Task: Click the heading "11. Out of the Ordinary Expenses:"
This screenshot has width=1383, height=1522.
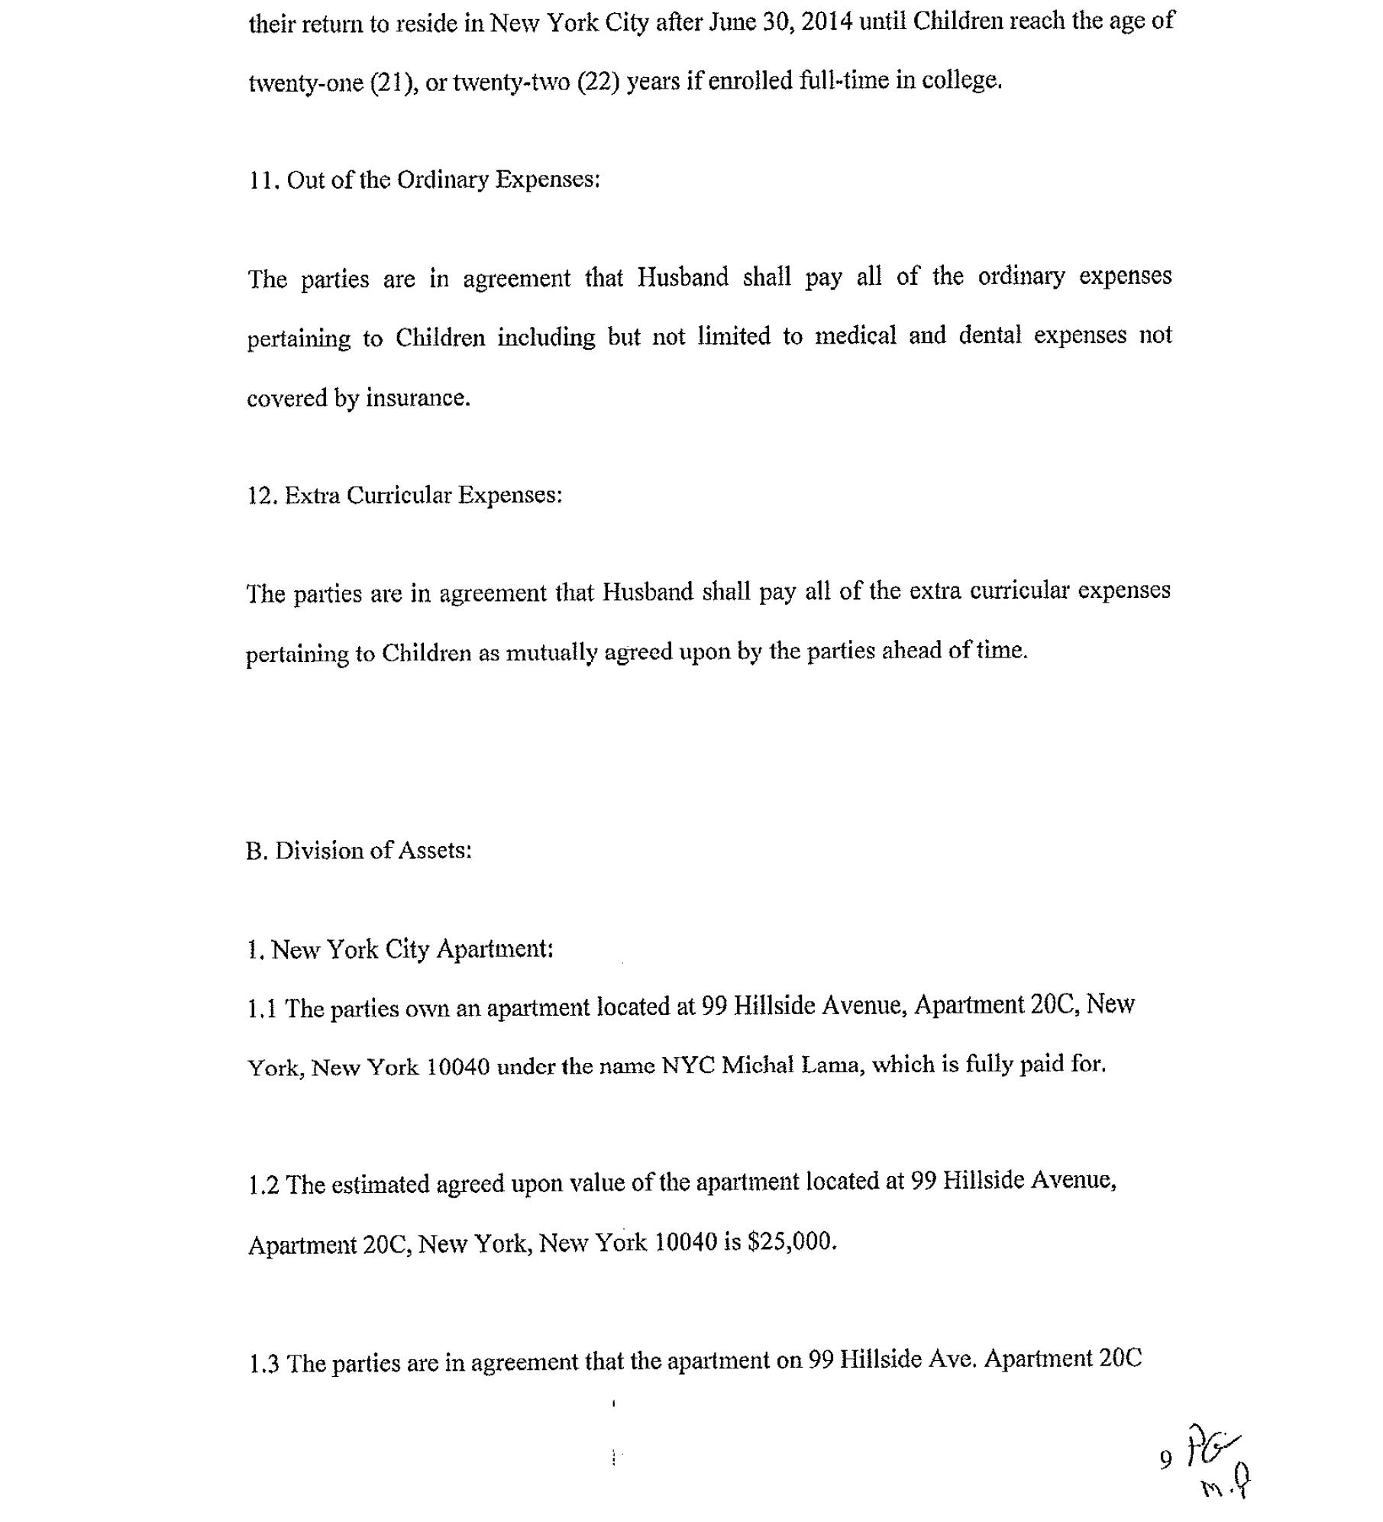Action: (x=424, y=180)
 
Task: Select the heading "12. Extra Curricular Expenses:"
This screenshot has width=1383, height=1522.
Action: (x=404, y=496)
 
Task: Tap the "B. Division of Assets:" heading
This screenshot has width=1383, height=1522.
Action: (x=358, y=851)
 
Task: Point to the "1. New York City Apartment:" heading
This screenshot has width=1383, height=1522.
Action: (x=400, y=949)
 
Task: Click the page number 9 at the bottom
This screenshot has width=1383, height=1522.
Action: (x=1165, y=1459)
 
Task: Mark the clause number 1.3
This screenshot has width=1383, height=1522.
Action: (x=263, y=1363)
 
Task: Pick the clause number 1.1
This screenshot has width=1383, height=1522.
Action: (x=262, y=1010)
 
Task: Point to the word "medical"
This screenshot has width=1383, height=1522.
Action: (x=855, y=336)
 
